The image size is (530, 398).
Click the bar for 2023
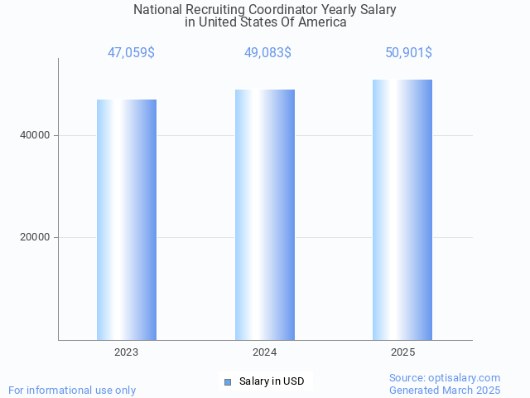127,220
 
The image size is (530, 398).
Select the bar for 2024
265,215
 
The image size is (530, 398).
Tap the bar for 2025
402,210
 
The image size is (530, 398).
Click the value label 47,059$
131,53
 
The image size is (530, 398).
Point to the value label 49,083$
267,53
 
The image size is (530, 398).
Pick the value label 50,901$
408,53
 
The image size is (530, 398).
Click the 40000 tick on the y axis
35,135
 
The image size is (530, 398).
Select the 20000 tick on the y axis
35,238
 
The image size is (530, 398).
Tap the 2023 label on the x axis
127,352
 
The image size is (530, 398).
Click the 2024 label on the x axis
265,352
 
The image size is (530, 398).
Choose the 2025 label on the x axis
402,352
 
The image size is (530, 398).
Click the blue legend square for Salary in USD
228,381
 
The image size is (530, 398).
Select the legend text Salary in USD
272,381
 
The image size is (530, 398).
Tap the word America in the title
322,22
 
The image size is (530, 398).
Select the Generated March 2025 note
445,390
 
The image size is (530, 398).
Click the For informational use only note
72,390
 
